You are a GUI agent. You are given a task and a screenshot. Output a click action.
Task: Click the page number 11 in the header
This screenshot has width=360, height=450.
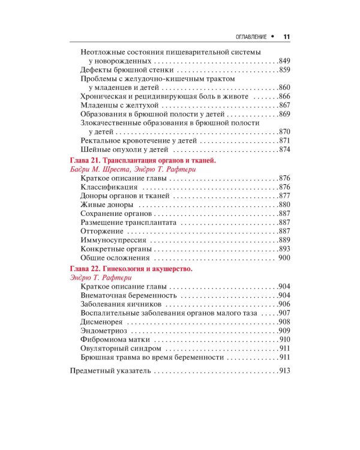point(286,36)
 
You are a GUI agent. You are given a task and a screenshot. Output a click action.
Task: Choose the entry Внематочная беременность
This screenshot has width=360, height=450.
point(128,296)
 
